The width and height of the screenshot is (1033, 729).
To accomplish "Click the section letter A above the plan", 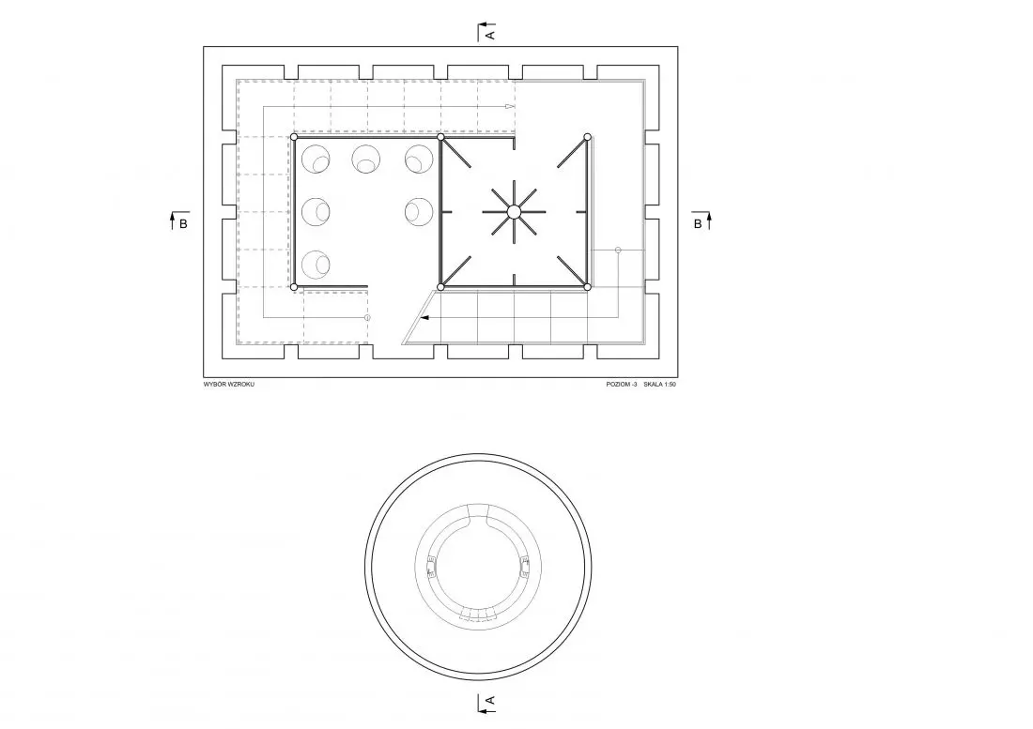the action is (489, 33).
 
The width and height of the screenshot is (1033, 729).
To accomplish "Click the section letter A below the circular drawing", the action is (489, 703).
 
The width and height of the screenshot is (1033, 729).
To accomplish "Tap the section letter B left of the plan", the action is (183, 223).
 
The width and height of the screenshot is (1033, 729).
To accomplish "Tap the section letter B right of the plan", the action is (698, 223).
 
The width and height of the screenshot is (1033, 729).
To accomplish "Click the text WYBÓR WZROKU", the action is (228, 385).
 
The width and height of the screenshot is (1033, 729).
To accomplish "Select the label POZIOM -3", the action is (622, 385).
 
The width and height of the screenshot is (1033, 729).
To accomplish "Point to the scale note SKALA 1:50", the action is (659, 385).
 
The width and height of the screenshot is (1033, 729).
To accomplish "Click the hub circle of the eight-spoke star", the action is (514, 212).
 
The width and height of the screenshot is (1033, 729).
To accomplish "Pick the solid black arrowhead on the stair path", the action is (424, 318).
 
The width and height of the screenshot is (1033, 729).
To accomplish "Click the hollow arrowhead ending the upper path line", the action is (510, 106).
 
